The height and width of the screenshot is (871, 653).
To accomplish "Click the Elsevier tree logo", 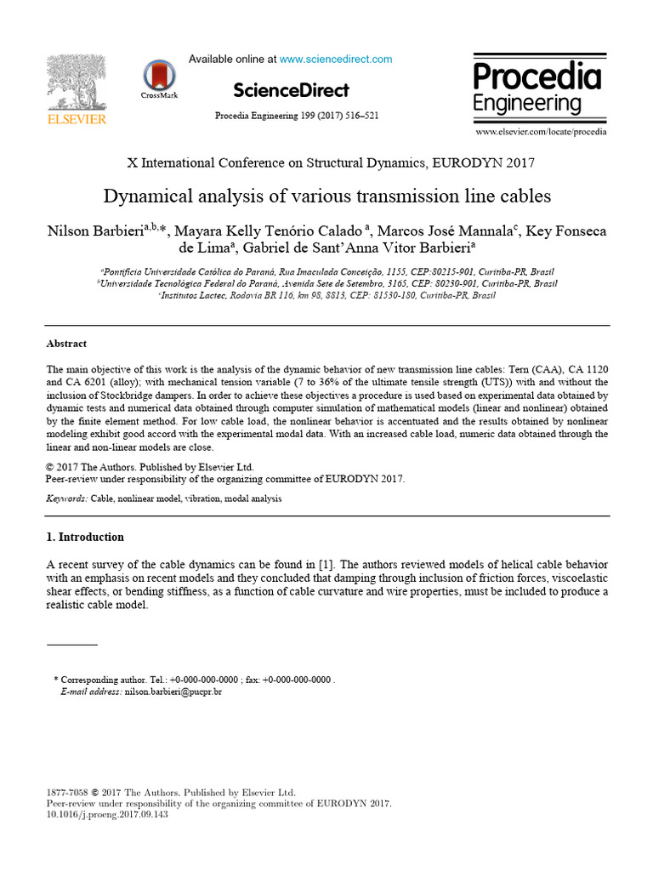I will click(77, 83).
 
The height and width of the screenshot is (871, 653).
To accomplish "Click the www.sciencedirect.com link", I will click(336, 60).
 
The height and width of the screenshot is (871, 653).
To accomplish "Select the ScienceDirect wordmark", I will click(290, 90).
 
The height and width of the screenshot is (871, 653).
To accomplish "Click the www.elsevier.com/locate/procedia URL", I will click(541, 133).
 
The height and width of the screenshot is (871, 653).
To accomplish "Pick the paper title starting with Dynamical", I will click(327, 196).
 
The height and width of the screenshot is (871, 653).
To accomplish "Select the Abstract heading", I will click(66, 344).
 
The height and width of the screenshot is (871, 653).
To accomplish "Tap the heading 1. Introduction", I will click(85, 538).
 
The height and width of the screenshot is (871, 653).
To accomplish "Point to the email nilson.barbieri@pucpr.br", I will click(173, 693).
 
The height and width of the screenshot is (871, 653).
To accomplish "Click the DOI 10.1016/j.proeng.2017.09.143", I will click(107, 815).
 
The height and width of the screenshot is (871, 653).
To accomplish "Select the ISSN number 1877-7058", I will click(67, 792).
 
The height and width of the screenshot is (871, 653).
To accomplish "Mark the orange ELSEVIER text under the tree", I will click(77, 119).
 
